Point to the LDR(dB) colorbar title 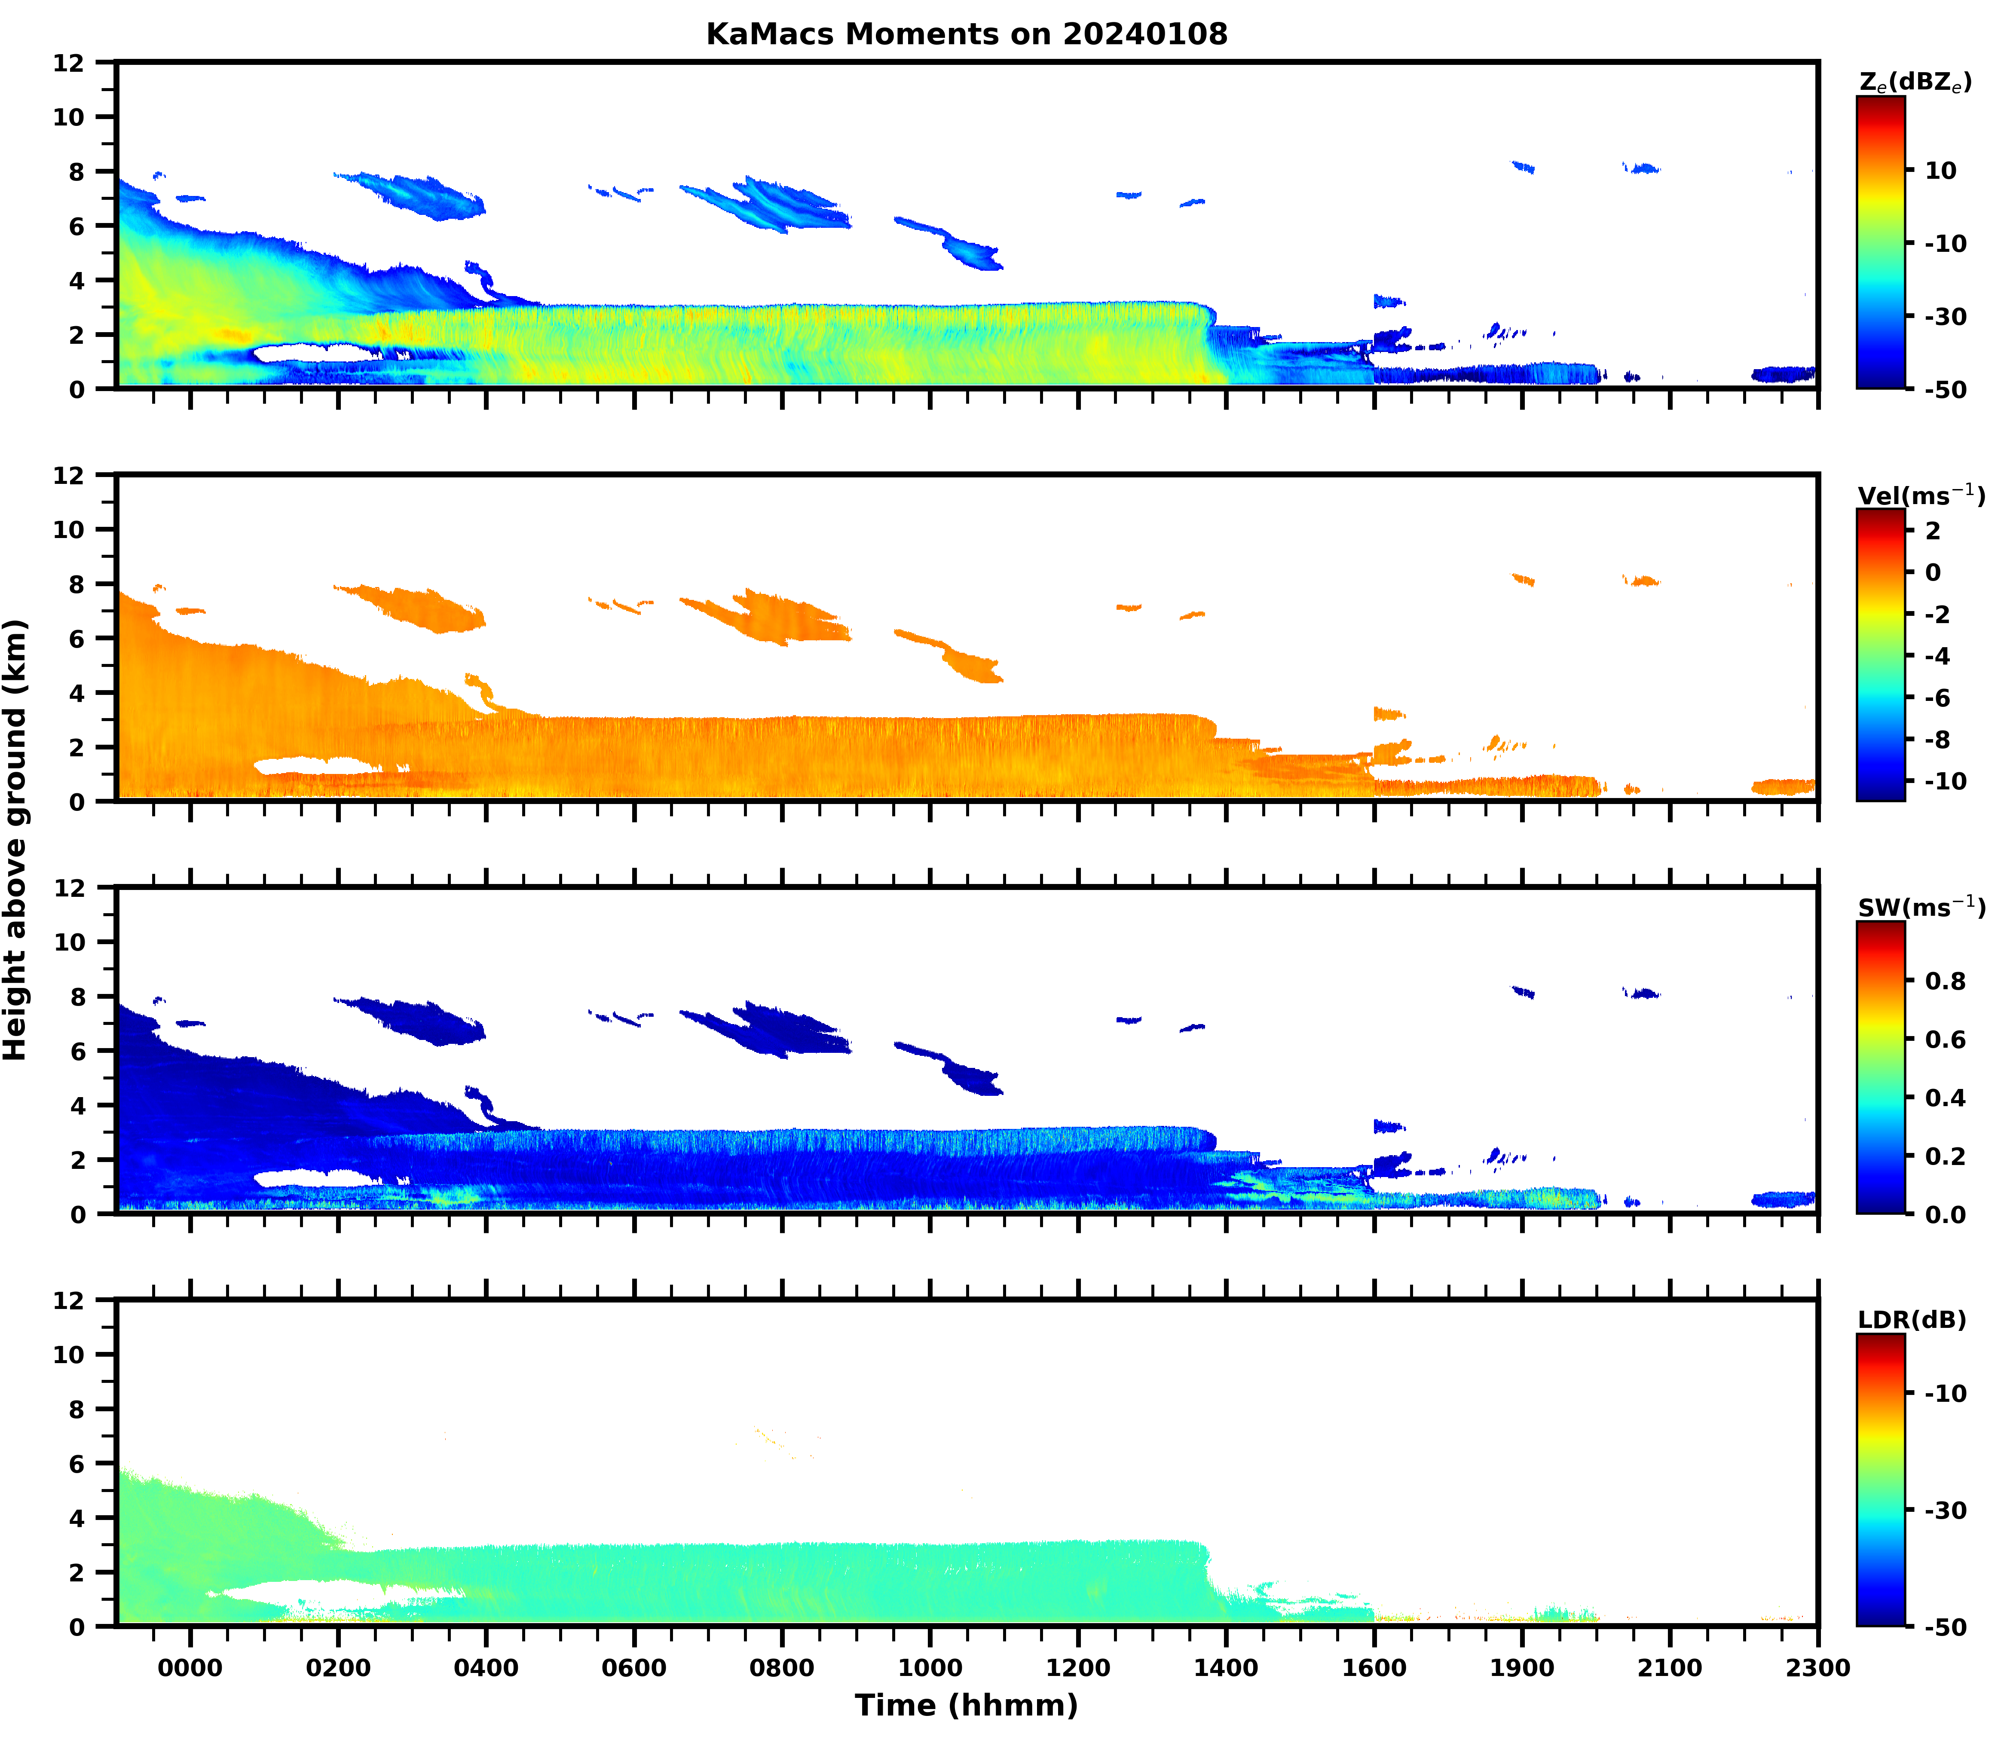tap(1912, 1320)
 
